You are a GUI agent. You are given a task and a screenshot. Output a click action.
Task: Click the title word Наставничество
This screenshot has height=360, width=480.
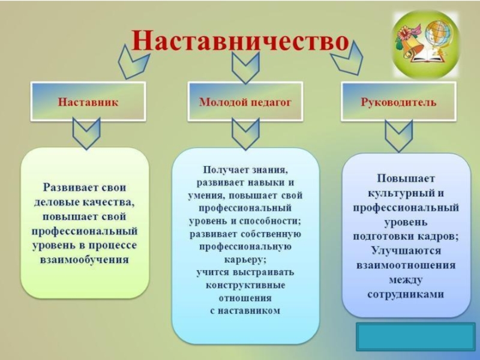click(x=240, y=41)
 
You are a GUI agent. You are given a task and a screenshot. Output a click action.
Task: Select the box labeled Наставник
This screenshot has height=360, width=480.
click(x=88, y=102)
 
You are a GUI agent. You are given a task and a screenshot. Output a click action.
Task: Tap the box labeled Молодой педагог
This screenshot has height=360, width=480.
click(x=245, y=102)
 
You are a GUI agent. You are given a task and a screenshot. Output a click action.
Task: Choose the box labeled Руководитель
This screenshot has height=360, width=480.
click(x=398, y=102)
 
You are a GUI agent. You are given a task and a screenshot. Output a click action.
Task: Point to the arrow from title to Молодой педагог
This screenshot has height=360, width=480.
click(x=245, y=67)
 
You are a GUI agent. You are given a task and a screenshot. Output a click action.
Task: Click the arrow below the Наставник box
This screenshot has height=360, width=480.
click(x=86, y=133)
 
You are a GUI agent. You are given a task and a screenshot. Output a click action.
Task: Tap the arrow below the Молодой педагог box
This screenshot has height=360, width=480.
click(x=245, y=133)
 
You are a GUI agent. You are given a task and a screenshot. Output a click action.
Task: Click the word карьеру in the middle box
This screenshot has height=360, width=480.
click(x=245, y=260)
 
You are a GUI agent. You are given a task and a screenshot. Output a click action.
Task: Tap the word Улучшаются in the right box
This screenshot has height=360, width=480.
click(x=406, y=250)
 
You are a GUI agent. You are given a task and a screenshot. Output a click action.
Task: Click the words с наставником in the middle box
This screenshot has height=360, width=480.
click(x=245, y=310)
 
